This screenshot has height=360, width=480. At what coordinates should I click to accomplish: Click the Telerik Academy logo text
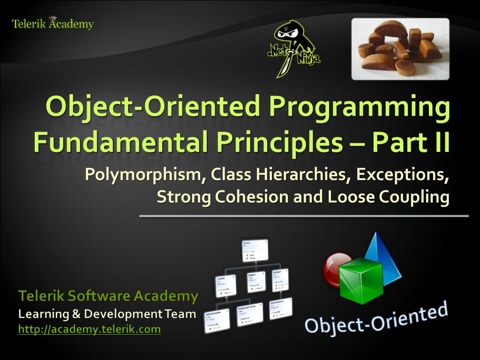click(x=52, y=24)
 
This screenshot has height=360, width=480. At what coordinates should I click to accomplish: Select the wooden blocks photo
click(x=400, y=49)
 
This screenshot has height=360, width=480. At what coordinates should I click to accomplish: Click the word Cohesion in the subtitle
click(x=252, y=197)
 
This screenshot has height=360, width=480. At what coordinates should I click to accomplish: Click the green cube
click(x=361, y=280)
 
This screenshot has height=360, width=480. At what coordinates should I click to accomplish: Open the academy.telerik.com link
click(x=89, y=330)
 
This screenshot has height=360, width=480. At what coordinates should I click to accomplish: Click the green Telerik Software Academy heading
click(x=108, y=296)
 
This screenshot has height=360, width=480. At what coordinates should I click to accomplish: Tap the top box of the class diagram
click(x=255, y=250)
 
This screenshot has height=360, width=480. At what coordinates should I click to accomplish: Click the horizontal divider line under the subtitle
click(x=304, y=216)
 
